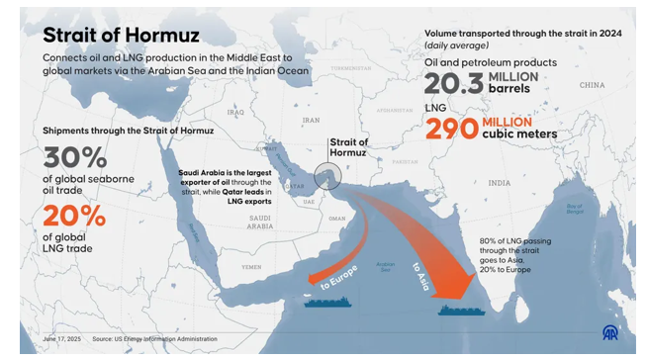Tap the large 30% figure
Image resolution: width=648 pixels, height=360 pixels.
75,158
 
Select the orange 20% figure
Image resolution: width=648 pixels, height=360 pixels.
74,217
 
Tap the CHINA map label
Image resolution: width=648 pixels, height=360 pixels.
592,86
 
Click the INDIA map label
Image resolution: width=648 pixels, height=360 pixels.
500,182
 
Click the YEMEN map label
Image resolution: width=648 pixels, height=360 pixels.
252,266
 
